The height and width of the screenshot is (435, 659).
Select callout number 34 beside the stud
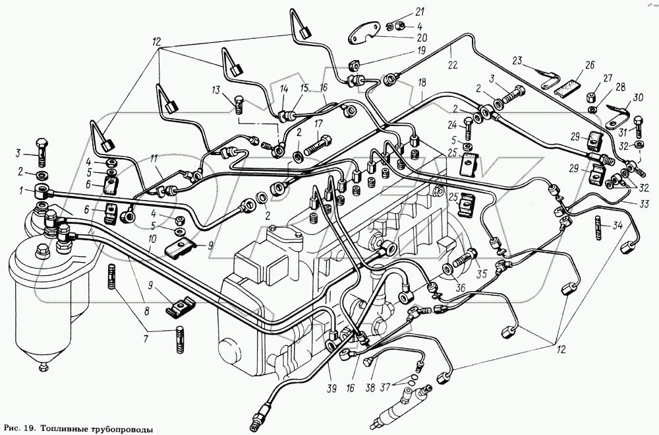pyautogui.click(x=617, y=226)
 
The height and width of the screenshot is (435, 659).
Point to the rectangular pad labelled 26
pyautogui.click(x=566, y=84)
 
